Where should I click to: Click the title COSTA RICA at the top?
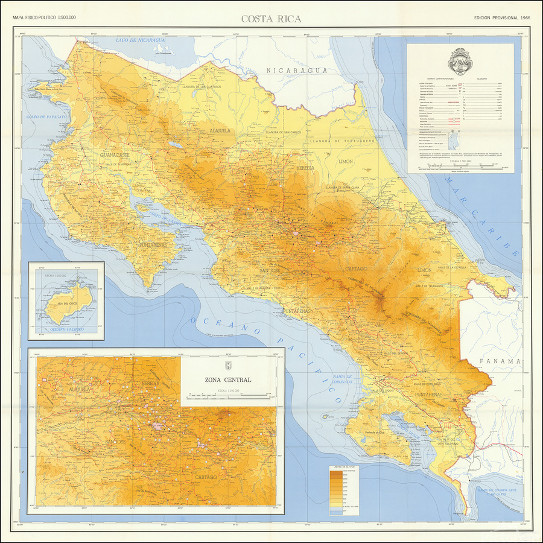(271, 19)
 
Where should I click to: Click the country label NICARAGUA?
(297, 71)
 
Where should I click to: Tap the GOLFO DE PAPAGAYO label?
(46, 116)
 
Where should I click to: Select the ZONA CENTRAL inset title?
(228, 380)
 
